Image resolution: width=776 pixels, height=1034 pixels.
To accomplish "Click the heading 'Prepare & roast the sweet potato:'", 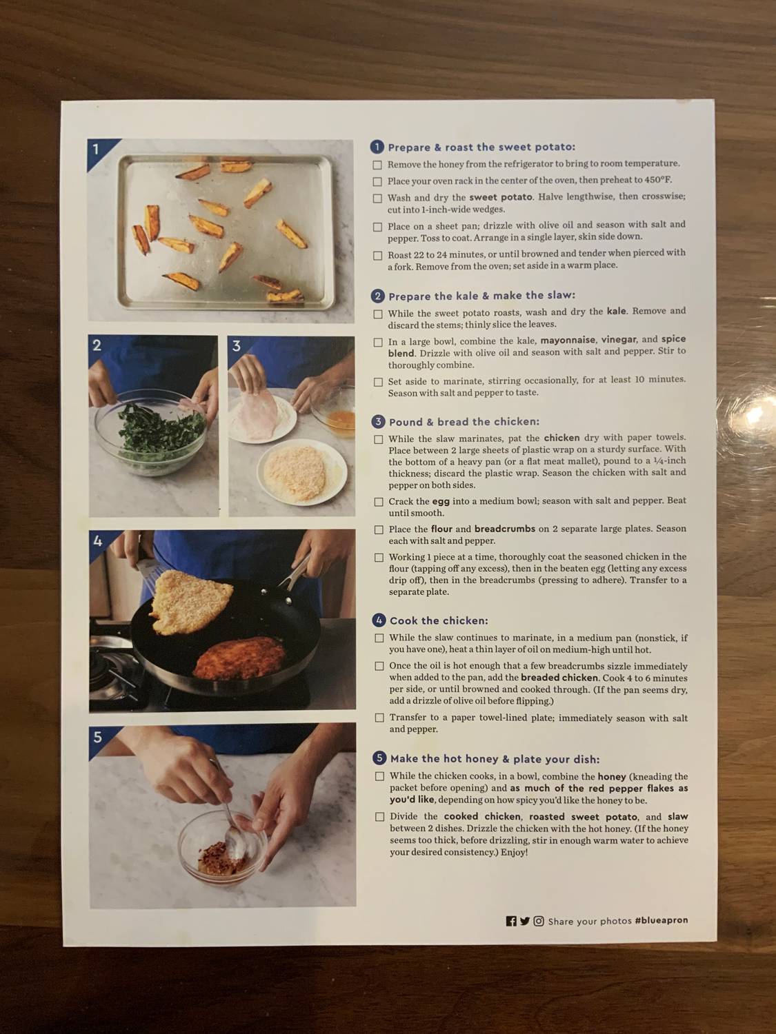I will click(x=481, y=147).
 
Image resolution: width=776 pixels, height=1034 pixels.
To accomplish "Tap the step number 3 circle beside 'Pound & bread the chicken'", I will click(x=378, y=422).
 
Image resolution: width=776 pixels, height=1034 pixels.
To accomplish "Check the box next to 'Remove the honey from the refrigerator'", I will click(x=377, y=165).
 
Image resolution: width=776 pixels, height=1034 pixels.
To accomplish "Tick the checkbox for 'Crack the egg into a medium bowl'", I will click(x=379, y=502).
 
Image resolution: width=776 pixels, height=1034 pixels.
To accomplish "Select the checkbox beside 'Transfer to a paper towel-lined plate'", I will click(x=379, y=718).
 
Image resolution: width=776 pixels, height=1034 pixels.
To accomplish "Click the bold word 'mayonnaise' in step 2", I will click(x=568, y=339).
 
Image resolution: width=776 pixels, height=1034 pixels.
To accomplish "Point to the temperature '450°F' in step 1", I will click(x=657, y=180).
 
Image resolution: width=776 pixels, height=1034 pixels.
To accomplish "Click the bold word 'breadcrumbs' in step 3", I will click(x=504, y=529).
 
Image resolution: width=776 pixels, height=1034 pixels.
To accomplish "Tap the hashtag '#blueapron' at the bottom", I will click(x=661, y=920).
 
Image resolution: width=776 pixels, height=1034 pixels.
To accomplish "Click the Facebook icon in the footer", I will click(x=511, y=921).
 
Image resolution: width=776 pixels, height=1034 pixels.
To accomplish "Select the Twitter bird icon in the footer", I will click(x=525, y=921).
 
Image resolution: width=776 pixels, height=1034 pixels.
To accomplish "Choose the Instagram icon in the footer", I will click(x=539, y=921).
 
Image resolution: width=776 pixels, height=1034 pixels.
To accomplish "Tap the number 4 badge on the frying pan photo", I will click(x=98, y=541).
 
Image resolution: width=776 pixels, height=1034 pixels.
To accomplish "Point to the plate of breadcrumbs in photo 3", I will click(x=302, y=473).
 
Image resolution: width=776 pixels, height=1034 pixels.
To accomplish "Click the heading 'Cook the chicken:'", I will click(x=438, y=620).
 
